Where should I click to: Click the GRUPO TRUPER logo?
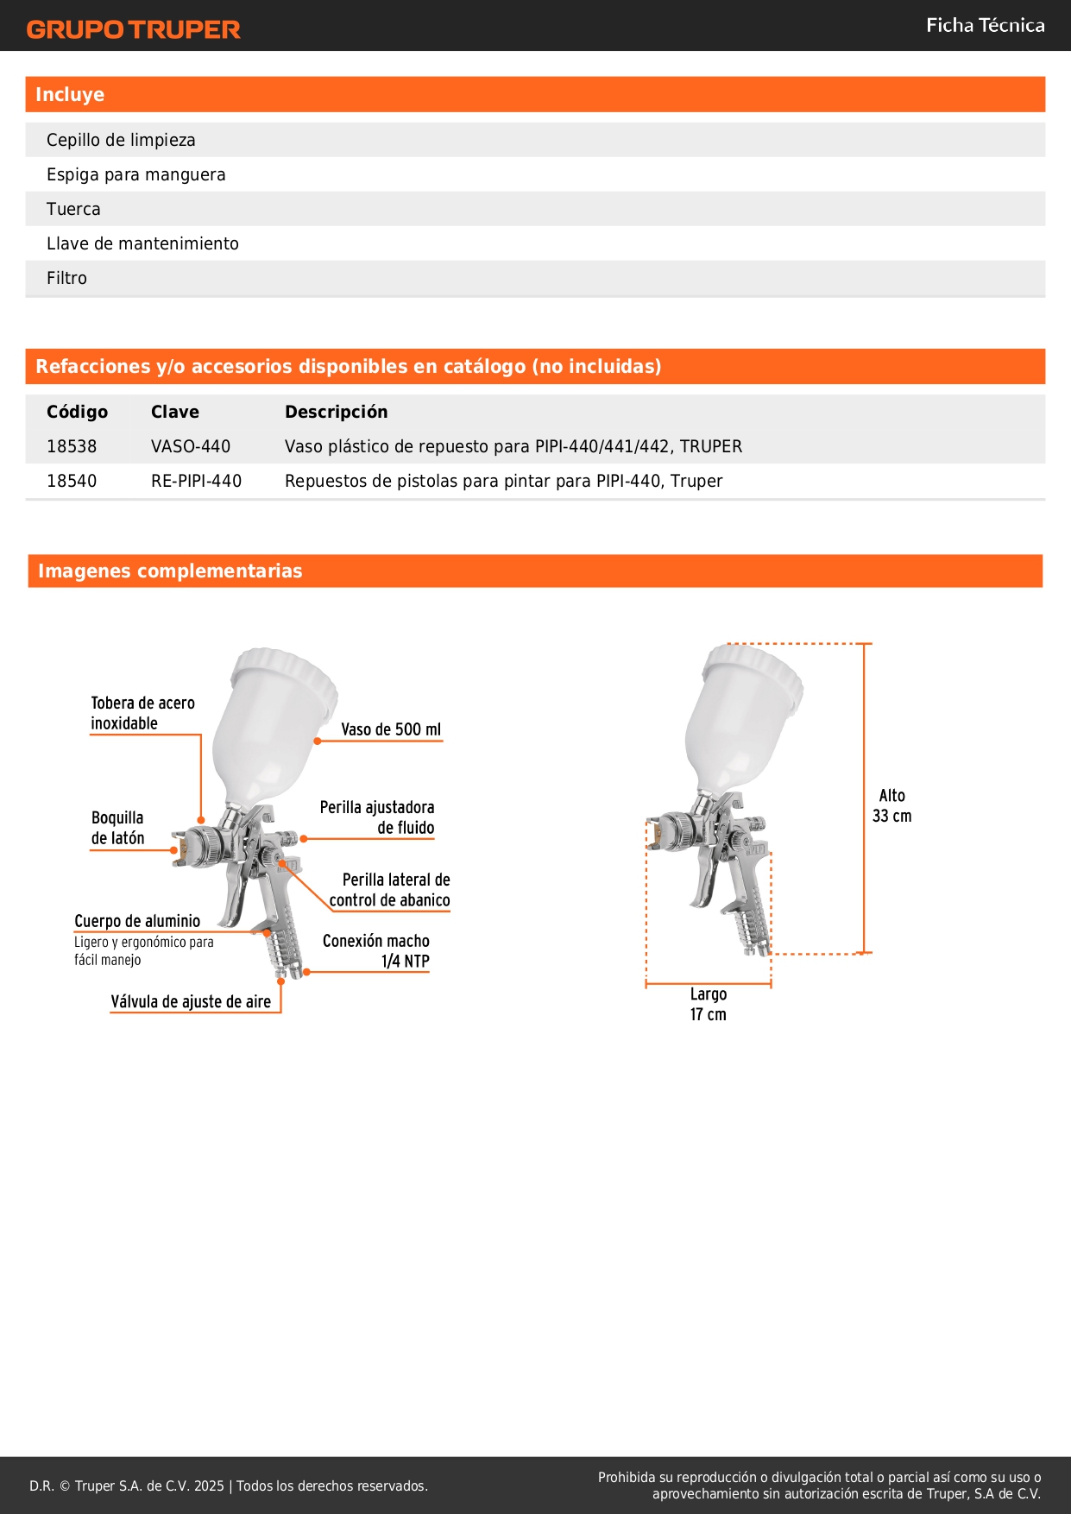click(x=134, y=29)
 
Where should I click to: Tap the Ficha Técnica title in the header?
click(x=985, y=26)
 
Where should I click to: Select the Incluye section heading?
click(x=70, y=95)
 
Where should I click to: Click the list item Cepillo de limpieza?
click(x=121, y=140)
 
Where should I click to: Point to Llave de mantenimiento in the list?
click(x=142, y=243)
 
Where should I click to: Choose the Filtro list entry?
click(x=66, y=278)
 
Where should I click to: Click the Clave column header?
click(x=175, y=412)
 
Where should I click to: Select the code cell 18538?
click(x=72, y=446)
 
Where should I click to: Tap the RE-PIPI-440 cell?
click(x=196, y=481)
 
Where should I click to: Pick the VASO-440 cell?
click(x=191, y=446)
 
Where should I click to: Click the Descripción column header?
click(x=336, y=412)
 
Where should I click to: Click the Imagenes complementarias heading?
click(x=170, y=571)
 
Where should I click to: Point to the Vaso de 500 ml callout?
click(x=390, y=729)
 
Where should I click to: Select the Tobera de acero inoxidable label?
click(x=142, y=713)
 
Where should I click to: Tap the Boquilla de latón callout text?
click(x=117, y=828)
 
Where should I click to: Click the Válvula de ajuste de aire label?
click(x=191, y=1001)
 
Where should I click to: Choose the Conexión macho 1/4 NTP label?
click(x=376, y=950)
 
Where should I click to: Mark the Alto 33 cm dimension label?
click(x=891, y=805)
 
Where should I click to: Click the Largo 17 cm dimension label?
click(x=708, y=1004)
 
